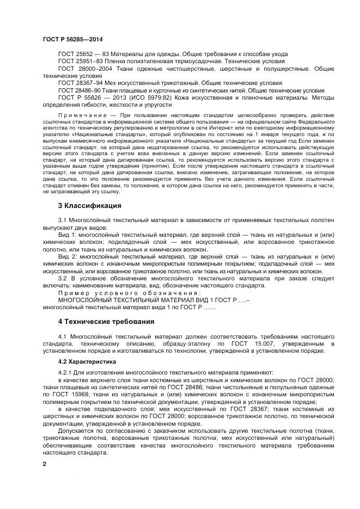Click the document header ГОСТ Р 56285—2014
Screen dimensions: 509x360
(x=72, y=39)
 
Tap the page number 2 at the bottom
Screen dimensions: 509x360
(x=45, y=463)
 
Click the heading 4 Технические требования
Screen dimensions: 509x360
(x=106, y=321)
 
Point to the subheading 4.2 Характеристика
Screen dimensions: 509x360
(x=80, y=361)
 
